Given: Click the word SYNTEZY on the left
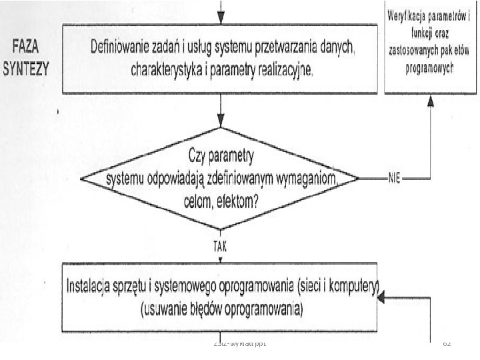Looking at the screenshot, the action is click(29, 69).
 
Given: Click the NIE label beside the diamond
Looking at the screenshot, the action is click(393, 178).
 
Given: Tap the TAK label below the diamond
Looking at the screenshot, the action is click(220, 245).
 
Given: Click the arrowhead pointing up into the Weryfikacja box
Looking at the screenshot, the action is click(431, 101).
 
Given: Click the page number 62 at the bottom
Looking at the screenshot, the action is click(447, 341).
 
